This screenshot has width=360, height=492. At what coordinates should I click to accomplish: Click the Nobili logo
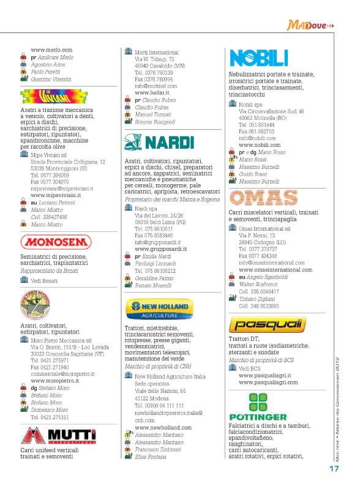tap(258, 59)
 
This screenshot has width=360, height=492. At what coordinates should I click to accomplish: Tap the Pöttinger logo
tap(264, 403)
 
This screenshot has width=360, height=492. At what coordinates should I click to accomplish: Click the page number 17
tap(334, 469)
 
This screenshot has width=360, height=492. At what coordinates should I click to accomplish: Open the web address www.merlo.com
tap(51, 50)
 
